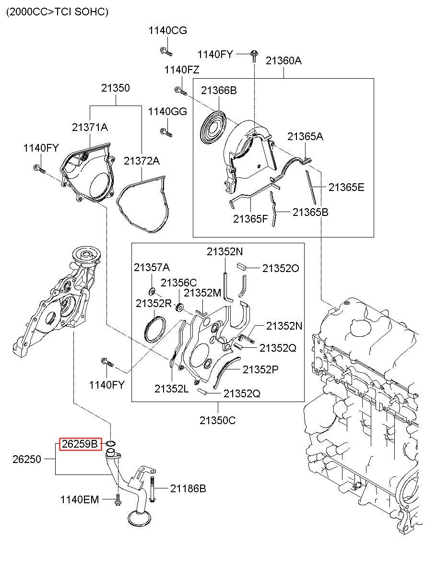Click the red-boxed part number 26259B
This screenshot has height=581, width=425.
pos(80,444)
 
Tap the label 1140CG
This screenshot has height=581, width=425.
pos(167,31)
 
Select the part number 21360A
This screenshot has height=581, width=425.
pos(283,61)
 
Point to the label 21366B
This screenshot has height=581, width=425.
pos(219,90)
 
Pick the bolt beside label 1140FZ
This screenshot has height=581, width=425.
pos(180,91)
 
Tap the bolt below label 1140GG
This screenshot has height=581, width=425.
pos(166,132)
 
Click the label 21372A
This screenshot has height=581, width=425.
pos(142,161)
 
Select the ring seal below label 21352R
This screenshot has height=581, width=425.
pos(155,330)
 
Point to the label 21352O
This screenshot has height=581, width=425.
pos(281,269)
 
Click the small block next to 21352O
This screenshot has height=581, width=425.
pos(241,266)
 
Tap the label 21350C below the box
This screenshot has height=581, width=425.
pos(218,420)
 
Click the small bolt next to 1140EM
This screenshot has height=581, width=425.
pos(118,500)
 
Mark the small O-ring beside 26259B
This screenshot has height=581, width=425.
pos(111,443)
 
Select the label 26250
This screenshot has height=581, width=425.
pos(27,459)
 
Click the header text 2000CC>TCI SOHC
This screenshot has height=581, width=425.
pos(57,12)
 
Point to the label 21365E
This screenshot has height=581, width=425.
pos(346,187)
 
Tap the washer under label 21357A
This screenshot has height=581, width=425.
pos(152,292)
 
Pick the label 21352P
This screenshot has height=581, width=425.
pos(260,369)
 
